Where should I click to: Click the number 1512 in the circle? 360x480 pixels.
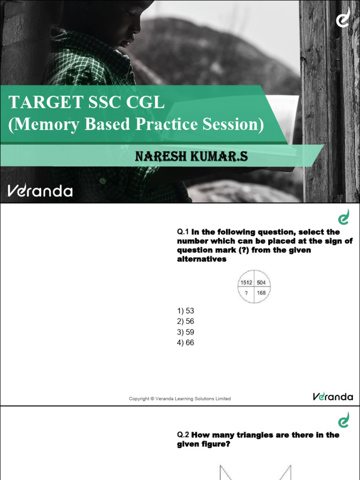(x=246, y=282)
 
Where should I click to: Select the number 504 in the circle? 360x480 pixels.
(x=261, y=282)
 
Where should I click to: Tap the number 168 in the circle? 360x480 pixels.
(x=261, y=293)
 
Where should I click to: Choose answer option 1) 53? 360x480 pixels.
(x=185, y=311)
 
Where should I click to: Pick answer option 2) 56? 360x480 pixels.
(x=185, y=322)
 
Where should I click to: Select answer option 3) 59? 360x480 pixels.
(x=185, y=332)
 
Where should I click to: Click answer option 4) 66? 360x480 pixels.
(x=185, y=343)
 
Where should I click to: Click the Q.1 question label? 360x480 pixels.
(x=182, y=232)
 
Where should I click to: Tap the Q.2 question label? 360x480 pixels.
(x=182, y=435)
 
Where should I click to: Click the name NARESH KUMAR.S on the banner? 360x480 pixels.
(x=191, y=157)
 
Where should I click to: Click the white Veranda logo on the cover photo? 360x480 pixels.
(x=40, y=191)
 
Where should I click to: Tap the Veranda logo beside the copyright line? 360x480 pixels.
(x=333, y=397)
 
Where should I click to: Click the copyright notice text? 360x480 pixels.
(x=180, y=399)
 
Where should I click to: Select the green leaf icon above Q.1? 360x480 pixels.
(x=344, y=217)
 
